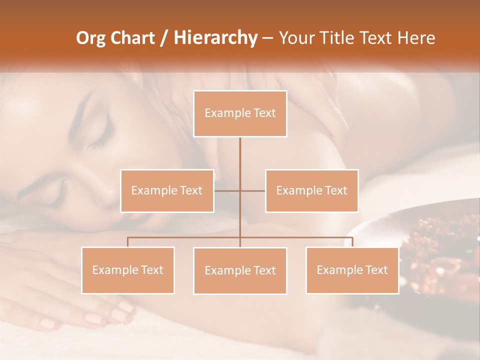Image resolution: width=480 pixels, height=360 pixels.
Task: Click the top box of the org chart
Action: pos(240,113)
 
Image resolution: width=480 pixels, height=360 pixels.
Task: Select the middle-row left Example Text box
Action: pos(167,190)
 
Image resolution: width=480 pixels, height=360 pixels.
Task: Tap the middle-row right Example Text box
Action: pos(311,190)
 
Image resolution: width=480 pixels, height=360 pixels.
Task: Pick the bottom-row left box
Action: pos(128,270)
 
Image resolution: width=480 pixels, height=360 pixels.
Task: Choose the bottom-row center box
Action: pos(240,270)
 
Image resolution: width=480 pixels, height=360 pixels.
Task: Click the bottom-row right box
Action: pos(352,270)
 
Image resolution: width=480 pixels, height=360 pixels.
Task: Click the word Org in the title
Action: pos(90,38)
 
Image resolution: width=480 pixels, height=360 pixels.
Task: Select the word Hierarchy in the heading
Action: pos(215,38)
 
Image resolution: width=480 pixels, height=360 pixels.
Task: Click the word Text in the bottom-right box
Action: pos(375,270)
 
